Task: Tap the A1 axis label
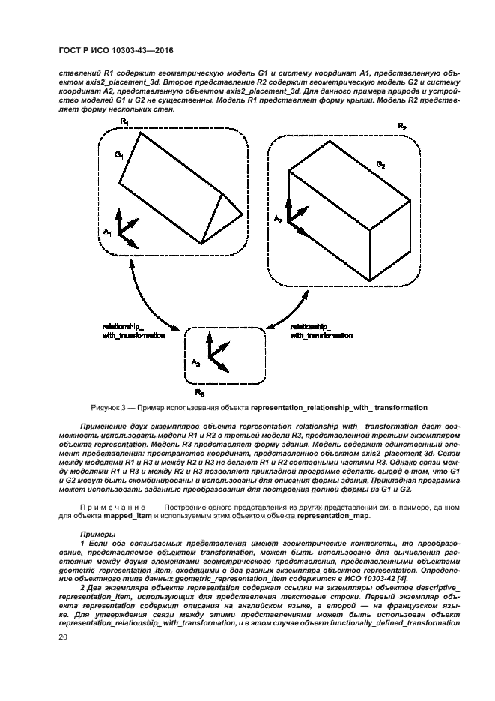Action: (108, 232)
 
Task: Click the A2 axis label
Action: (278, 219)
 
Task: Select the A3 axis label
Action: (195, 363)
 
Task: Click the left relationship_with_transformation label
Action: (133, 331)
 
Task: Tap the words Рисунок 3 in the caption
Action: (112, 408)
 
